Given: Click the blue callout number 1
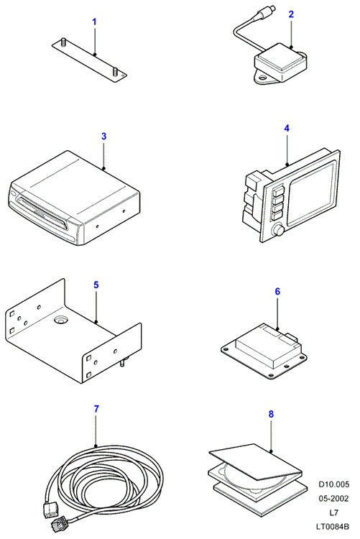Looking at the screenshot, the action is [94, 22].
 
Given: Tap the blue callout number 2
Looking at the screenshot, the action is [291, 14].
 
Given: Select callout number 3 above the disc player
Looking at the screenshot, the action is [104, 136].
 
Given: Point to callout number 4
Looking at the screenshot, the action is [287, 129].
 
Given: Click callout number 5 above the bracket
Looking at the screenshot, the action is [96, 285].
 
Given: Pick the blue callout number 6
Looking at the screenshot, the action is [277, 292].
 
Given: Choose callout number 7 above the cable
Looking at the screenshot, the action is [96, 409].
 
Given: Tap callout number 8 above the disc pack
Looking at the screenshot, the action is [271, 414].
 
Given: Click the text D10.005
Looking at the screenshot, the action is [333, 484].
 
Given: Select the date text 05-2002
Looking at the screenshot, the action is [333, 499].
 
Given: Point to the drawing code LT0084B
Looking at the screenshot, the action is [333, 526].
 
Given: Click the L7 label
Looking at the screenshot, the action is [333, 512].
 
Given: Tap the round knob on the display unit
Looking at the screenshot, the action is [277, 230].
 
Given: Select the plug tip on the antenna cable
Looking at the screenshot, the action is [272, 7].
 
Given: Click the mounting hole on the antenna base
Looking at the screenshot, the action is [264, 78].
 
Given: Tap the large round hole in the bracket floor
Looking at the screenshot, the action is [61, 321].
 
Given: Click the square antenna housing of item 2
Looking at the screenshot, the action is [281, 63].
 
